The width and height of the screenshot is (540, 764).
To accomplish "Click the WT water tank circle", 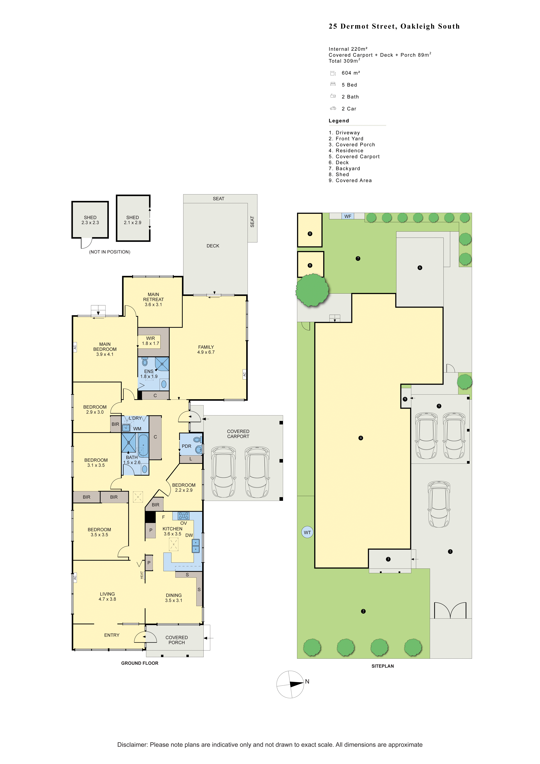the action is click(307, 532).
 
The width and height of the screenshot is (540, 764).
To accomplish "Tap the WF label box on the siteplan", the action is click(348, 216).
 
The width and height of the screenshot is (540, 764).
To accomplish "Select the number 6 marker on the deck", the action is click(420, 268).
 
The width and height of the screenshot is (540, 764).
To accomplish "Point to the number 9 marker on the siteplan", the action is click(405, 399).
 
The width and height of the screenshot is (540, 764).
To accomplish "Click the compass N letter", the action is click(307, 681).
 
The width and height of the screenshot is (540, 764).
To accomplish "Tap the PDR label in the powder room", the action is click(187, 446).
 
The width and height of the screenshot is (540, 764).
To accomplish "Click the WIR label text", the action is click(151, 338).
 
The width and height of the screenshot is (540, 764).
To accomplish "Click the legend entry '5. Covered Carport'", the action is click(354, 156).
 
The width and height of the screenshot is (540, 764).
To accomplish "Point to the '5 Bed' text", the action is click(349, 85).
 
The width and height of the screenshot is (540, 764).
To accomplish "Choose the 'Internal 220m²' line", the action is click(348, 49).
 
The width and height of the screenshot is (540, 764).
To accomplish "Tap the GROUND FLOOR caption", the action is click(140, 663).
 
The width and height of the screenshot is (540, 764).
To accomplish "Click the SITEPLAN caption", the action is click(383, 666).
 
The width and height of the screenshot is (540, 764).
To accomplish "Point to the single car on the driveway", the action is click(439, 504).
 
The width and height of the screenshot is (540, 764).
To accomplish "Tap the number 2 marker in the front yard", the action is click(363, 611).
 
